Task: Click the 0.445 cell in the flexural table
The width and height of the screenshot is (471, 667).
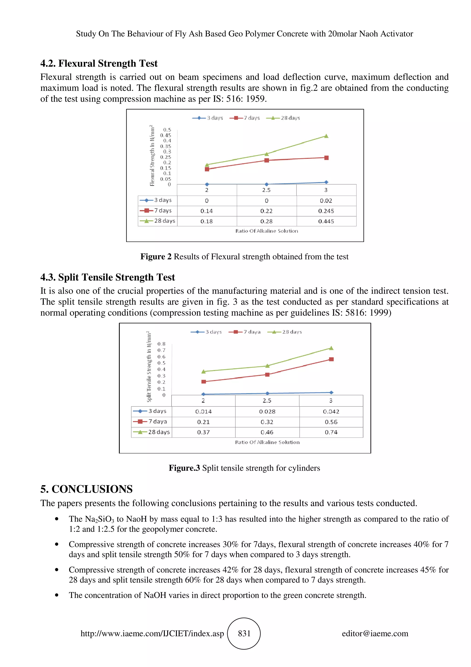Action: tap(326, 221)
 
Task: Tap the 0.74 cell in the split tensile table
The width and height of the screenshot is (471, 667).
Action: tap(331, 432)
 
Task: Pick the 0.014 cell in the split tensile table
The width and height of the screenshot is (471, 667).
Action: tap(204, 412)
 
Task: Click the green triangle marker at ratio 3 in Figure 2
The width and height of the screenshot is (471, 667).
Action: tap(326, 136)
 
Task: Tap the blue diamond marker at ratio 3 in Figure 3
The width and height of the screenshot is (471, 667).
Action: tap(331, 392)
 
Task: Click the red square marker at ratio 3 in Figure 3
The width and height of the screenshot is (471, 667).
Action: tap(331, 359)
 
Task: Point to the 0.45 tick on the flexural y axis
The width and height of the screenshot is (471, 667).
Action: tap(166, 135)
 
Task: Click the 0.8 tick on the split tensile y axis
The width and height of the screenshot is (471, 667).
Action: tap(161, 344)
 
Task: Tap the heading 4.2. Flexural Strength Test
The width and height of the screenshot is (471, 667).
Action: tap(99, 63)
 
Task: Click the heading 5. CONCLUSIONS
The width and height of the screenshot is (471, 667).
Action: tap(86, 489)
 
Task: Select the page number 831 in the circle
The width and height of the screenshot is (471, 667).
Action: tap(244, 634)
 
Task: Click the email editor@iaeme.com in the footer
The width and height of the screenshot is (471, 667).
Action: tap(375, 634)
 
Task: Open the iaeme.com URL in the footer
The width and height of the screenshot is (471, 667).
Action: tap(152, 634)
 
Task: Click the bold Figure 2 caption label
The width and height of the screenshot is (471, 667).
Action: tap(156, 257)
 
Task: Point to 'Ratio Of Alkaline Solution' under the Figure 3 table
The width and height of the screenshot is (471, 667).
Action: tap(267, 442)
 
